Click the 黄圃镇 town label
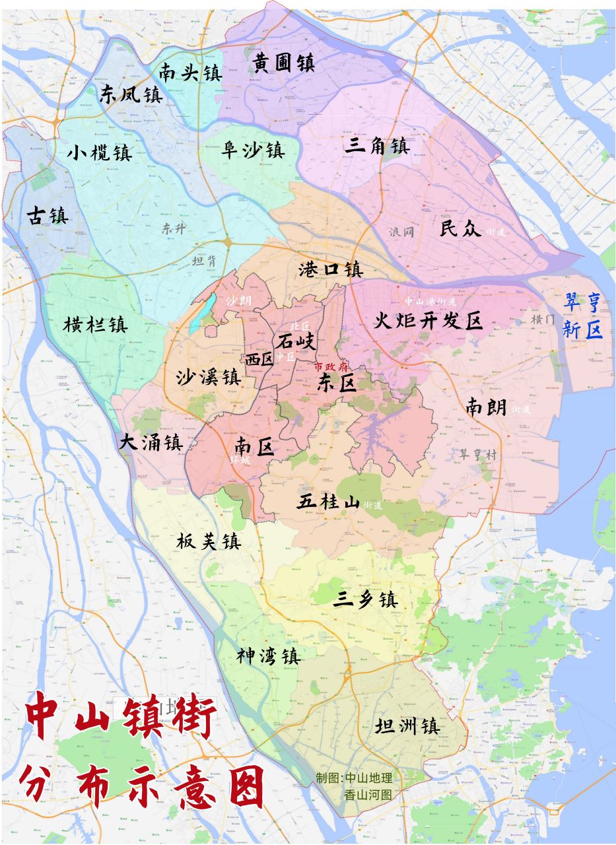pos(283,63)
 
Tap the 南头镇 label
pos(190,72)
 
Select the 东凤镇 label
pos(131,94)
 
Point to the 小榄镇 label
pos(99,153)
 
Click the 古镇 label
pos(47,215)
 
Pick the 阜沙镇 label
pos(252,151)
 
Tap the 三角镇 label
pos(377,145)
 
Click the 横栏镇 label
pos(96,325)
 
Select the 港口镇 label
pos(331,269)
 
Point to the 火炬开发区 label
pos(428,321)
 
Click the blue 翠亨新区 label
pos(582,316)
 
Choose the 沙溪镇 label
pos(208,378)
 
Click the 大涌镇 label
pos(151,442)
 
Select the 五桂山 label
pos(329,502)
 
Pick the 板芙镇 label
pos(208,542)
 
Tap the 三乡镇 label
pos(364,599)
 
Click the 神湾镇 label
pos(269,656)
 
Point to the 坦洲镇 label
pos(406,726)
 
